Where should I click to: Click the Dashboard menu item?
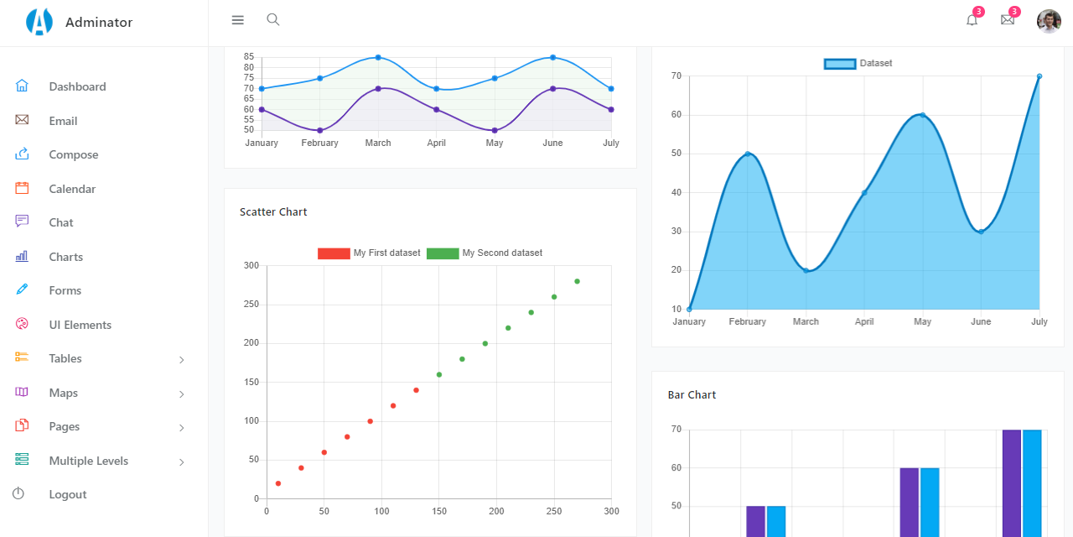[77, 86]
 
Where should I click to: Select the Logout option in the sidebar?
[67, 494]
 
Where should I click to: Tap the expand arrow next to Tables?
[182, 360]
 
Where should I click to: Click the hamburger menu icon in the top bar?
[238, 20]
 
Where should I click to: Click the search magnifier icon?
[272, 19]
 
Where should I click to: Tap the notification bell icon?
[972, 20]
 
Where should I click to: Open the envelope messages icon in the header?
[1008, 20]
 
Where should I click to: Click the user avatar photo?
[1049, 21]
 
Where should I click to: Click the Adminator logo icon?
[39, 23]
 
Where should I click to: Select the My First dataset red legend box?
[334, 253]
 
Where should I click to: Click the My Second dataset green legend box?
[443, 253]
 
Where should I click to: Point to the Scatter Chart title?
[273, 212]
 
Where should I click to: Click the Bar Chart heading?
[692, 394]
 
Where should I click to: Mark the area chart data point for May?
[923, 115]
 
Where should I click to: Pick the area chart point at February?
[748, 154]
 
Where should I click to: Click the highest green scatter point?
[577, 281]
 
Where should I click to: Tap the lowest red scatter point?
[278, 483]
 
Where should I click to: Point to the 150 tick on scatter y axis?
[251, 382]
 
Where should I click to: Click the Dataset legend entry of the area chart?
[858, 64]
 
